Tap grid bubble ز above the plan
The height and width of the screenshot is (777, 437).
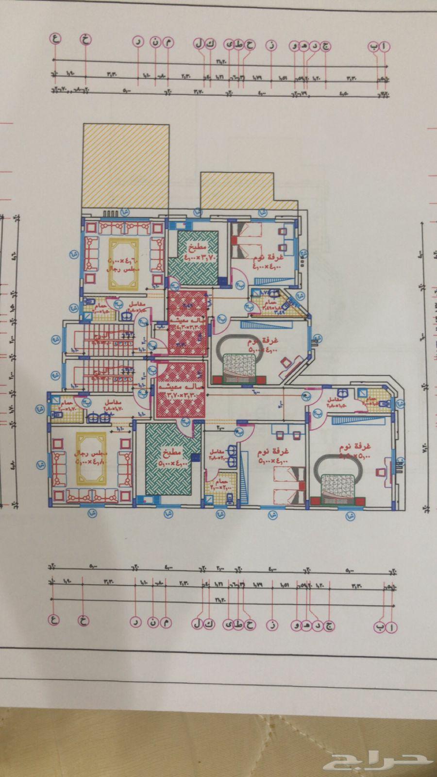[271, 46]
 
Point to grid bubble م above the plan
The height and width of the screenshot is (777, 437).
[168, 43]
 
